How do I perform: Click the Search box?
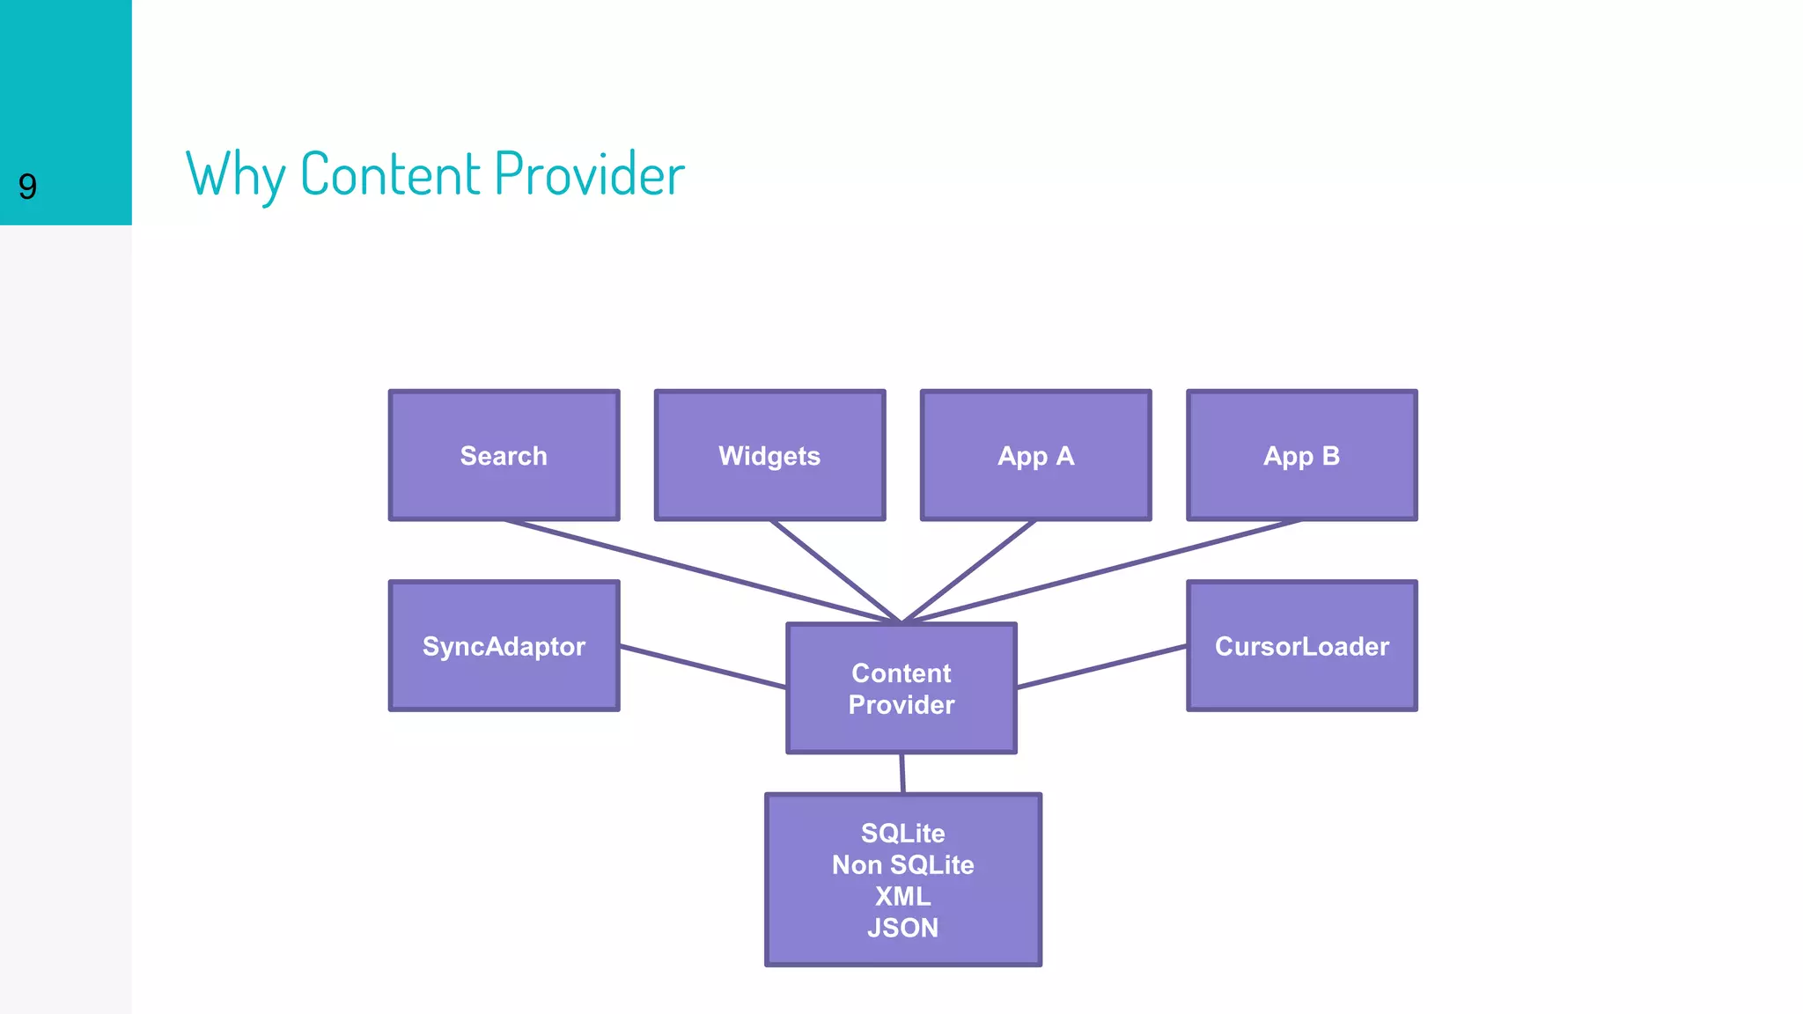[x=504, y=455]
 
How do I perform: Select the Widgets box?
[x=769, y=455]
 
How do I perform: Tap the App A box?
[x=1035, y=455]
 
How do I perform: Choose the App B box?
[x=1301, y=455]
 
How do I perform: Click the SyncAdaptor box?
[x=504, y=645]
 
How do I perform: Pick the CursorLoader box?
[x=1301, y=645]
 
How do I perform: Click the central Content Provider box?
[x=901, y=688]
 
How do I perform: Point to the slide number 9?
[x=27, y=187]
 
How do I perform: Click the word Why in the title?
[x=235, y=174]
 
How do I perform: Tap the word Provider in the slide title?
[x=589, y=174]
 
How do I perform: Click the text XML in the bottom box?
[x=902, y=896]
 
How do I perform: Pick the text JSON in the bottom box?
[x=902, y=928]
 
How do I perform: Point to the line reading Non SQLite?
[x=902, y=864]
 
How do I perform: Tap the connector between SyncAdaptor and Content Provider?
[x=703, y=666]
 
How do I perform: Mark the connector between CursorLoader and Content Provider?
[x=1100, y=666]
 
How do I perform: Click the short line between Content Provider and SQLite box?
[x=902, y=773]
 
